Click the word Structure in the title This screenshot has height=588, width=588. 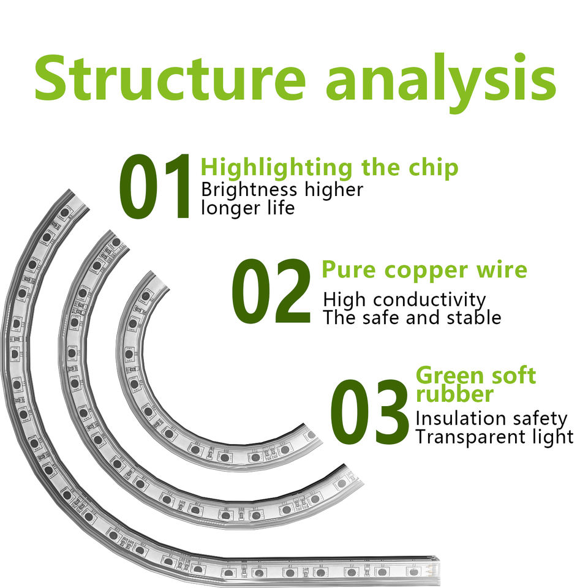[x=170, y=77]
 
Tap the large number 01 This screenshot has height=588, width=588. [x=154, y=186]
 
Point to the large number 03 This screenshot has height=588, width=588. [x=370, y=412]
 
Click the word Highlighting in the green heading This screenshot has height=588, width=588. [x=277, y=168]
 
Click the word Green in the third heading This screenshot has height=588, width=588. [x=446, y=375]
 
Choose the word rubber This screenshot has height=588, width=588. [x=454, y=394]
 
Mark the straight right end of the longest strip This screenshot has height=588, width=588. [x=435, y=571]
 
